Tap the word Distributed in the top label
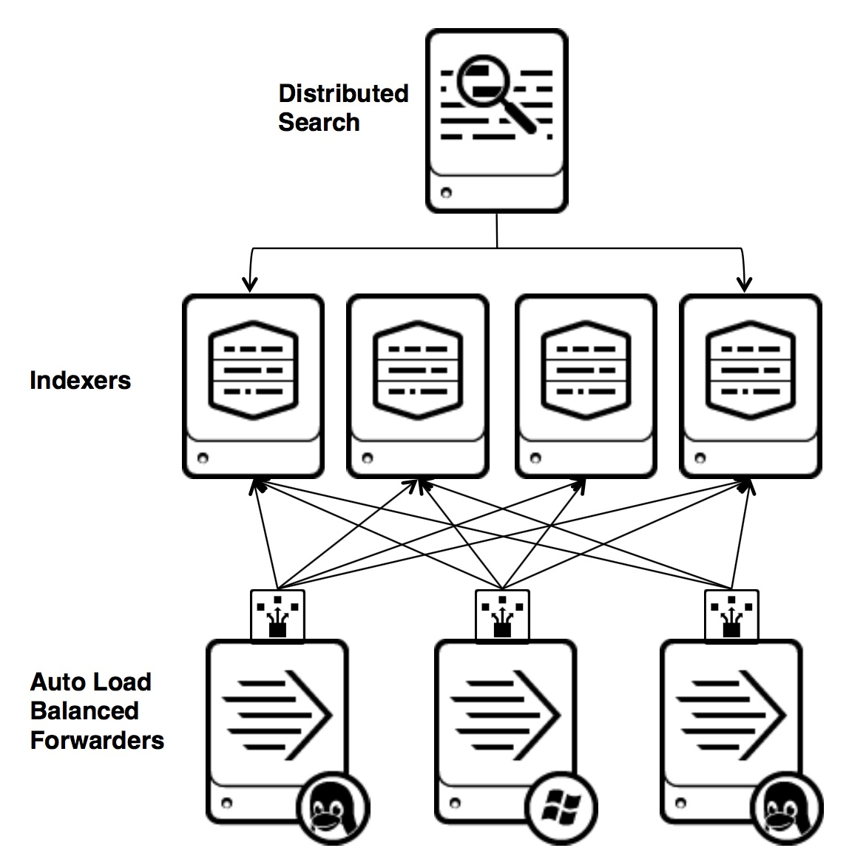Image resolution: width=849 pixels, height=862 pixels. pos(343,94)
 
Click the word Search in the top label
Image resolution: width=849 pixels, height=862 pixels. pos(319,123)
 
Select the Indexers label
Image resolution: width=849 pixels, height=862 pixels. pos(80,381)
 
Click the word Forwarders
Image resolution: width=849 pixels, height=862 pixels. pos(97,740)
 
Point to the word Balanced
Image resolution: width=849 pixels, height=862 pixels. pos(84,710)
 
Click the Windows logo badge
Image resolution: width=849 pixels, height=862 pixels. pos(561,807)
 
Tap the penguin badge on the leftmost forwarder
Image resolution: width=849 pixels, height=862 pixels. pos(333,807)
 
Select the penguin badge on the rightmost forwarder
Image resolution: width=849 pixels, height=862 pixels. pos(786,807)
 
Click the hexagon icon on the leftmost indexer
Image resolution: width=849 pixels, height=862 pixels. pos(253,370)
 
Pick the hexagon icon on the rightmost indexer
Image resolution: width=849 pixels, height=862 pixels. pos(750,370)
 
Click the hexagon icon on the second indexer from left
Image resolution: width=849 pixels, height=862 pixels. pos(417,370)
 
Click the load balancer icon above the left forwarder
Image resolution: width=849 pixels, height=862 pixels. pos(277,615)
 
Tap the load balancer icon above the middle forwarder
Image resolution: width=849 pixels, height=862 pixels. pos(502,615)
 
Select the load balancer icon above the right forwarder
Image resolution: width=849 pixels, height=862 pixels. pos(731,615)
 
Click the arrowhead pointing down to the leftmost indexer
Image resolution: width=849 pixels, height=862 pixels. pos(251,283)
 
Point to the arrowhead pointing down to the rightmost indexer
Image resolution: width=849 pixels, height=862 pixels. pos(745,283)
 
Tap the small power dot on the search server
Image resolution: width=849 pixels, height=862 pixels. pos(445,194)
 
